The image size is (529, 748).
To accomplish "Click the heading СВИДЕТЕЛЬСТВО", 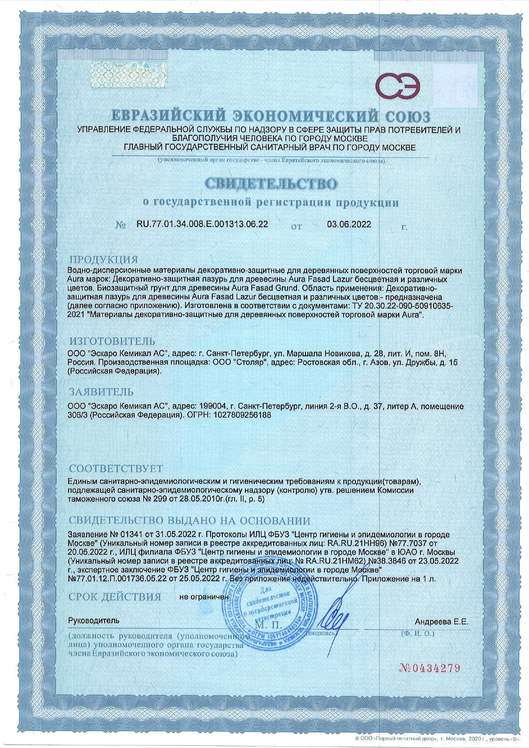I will click(271, 183).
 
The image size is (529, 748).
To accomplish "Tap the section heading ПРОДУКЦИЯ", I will click(104, 259).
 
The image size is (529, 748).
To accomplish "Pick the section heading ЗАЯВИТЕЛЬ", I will click(101, 391).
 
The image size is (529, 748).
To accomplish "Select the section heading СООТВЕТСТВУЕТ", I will click(115, 469).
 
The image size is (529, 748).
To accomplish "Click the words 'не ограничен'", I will click(204, 597).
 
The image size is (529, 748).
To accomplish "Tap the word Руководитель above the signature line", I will click(94, 620).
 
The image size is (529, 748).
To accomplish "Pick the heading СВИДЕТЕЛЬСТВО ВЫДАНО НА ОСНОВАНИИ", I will click(189, 520).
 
